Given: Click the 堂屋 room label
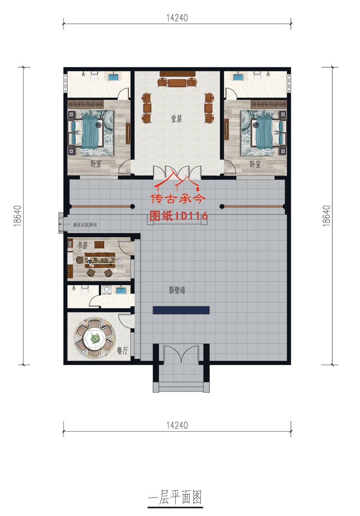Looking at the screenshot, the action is point(176,119).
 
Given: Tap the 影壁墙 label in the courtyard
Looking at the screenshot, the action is point(177,290).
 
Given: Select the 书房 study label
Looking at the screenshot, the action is point(82,245).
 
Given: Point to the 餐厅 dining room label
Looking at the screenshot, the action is point(122,351).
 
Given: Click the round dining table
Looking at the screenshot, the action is point(94,338).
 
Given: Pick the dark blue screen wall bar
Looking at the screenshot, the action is point(181,310).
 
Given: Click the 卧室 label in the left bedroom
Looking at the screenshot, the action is point(96,164).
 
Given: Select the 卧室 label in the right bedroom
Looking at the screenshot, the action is point(255,164).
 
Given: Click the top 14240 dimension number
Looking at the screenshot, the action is point(177,18).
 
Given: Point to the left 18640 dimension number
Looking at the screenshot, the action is point(18,216).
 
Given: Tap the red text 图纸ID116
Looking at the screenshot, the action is point(179,216).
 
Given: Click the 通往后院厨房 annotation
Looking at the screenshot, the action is point(85,225).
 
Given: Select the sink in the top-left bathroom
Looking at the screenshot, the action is point(114,77).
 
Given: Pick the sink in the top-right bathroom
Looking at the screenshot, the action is point(238,77).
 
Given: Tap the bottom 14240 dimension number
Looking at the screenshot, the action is point(177,425).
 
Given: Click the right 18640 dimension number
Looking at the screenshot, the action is point(327,216).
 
